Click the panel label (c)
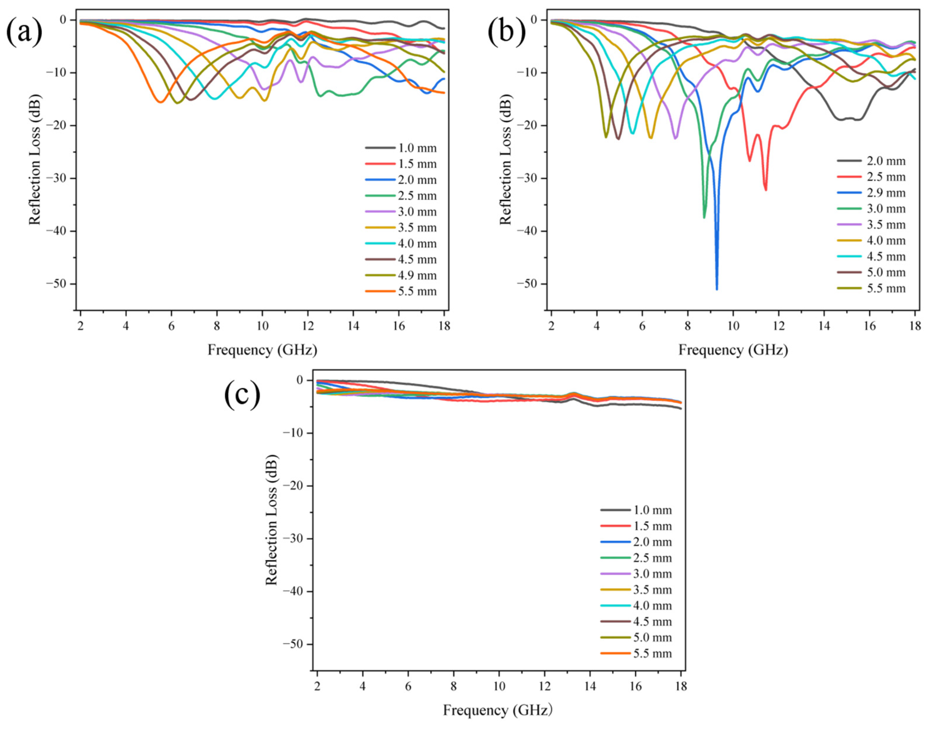[242, 395]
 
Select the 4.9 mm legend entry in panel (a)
[401, 275]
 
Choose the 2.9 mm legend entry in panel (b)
[871, 193]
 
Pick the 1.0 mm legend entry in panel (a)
[401, 148]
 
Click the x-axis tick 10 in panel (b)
[733, 326]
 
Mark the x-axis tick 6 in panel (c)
[408, 686]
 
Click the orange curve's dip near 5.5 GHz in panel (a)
[160, 102]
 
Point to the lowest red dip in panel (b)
[766, 190]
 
